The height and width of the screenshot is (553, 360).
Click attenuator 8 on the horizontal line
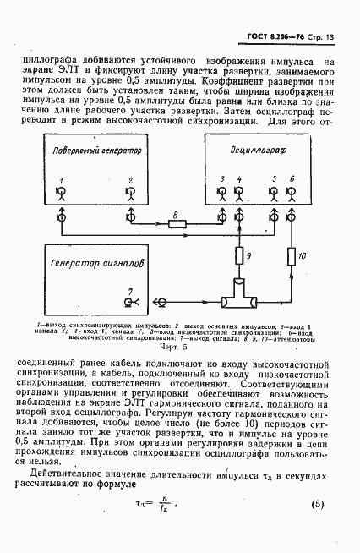(177, 223)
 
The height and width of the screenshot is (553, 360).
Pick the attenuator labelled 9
(239, 254)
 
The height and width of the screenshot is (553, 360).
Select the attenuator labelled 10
(292, 254)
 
